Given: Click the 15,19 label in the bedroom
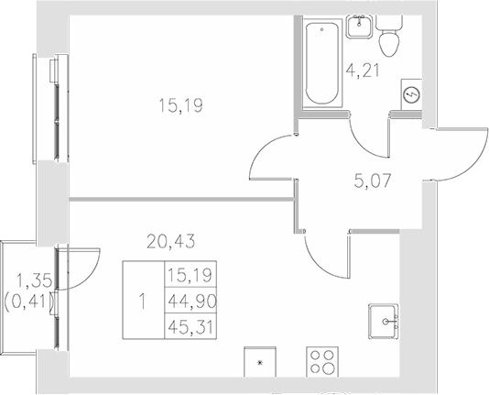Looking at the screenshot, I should coord(180,106).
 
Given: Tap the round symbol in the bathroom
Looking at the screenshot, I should coord(411,93).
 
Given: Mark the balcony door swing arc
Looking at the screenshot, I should coord(84,267).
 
